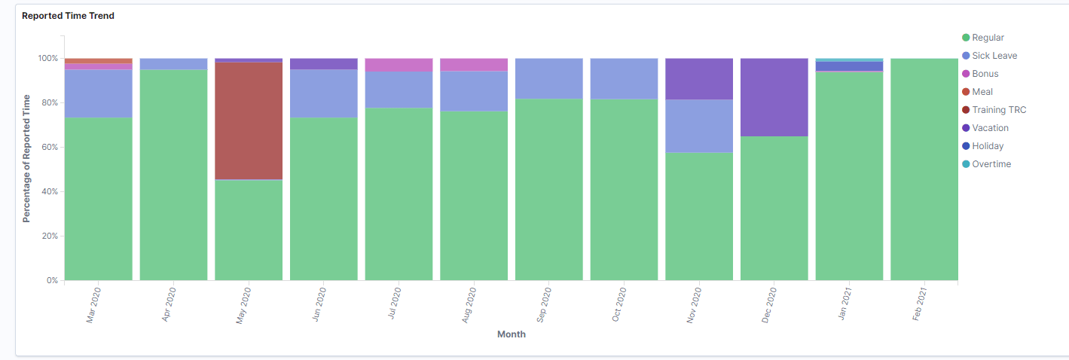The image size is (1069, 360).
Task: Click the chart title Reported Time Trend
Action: pyautogui.click(x=68, y=16)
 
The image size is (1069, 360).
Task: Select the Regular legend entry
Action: pyautogui.click(x=988, y=38)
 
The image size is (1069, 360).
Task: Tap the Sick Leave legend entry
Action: pyautogui.click(x=994, y=56)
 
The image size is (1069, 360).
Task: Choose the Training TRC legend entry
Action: pyautogui.click(x=999, y=110)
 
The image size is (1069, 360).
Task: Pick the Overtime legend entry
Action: pyautogui.click(x=991, y=164)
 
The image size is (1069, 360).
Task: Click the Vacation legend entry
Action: pyautogui.click(x=990, y=128)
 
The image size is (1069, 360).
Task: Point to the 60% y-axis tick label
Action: pyautogui.click(x=48, y=148)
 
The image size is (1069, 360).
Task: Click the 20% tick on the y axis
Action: pyautogui.click(x=48, y=236)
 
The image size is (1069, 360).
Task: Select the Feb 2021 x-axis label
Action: pyautogui.click(x=920, y=304)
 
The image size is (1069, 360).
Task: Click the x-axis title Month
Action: pyautogui.click(x=512, y=334)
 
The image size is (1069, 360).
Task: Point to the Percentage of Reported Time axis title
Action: pyautogui.click(x=26, y=158)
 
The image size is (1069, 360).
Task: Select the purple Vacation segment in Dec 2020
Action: pyautogui.click(x=774, y=97)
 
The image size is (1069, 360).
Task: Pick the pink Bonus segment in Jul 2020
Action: pyautogui.click(x=399, y=65)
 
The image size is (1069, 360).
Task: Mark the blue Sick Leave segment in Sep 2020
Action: pyautogui.click(x=549, y=78)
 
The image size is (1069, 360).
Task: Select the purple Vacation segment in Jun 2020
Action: pyautogui.click(x=324, y=64)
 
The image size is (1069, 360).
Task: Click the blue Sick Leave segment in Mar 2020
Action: pyautogui.click(x=99, y=93)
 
